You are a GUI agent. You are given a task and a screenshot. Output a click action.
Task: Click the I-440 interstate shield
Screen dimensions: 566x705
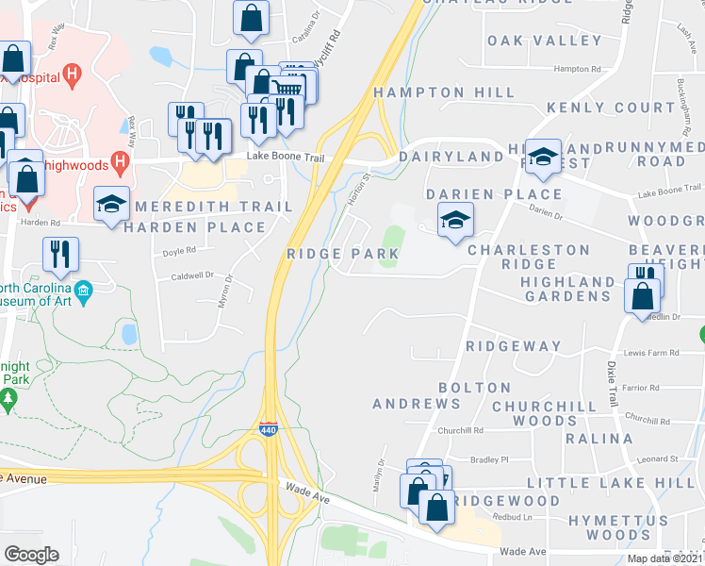269,430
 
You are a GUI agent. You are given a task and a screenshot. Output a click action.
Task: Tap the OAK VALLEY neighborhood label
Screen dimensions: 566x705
545,41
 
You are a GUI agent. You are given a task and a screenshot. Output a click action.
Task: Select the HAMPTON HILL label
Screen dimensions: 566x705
444,92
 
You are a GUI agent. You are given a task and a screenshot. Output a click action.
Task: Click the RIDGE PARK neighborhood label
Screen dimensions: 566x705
343,255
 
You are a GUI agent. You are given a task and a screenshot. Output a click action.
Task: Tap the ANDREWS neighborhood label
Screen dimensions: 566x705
417,404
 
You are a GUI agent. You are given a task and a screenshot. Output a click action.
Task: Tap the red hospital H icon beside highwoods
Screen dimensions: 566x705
120,162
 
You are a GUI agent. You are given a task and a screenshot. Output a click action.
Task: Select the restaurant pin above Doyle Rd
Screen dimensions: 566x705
61,253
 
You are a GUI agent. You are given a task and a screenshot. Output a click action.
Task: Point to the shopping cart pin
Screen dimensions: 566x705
287,88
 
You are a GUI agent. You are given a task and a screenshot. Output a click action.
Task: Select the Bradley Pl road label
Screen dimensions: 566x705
489,459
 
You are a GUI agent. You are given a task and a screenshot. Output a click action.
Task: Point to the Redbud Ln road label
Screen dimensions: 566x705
514,517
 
